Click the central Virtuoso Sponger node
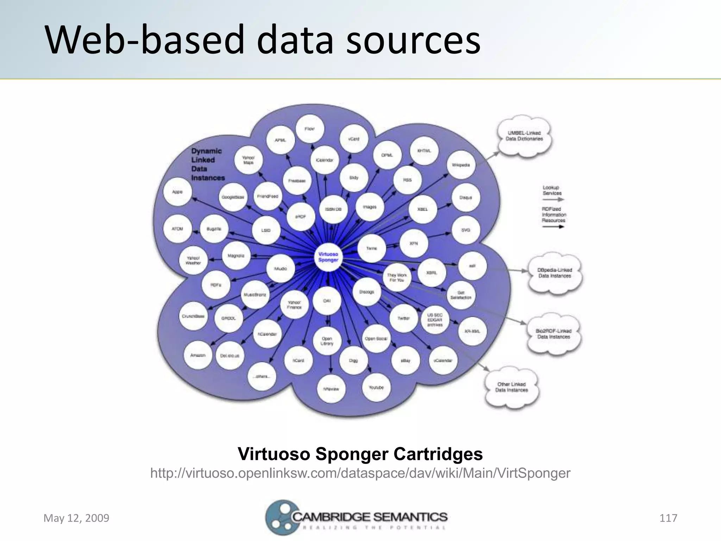pos(328,257)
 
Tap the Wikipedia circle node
pos(461,165)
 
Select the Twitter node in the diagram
pos(403,318)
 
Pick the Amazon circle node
pos(198,355)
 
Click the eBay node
pos(406,361)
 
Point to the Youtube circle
pos(376,387)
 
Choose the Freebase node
pos(297,181)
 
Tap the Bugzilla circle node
pos(214,229)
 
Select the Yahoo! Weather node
pos(193,260)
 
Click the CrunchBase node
pos(193,316)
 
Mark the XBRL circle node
pos(432,273)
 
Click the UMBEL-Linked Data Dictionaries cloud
pos(524,136)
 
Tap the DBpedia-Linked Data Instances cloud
pos(554,273)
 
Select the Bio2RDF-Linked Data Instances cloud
pos(553,334)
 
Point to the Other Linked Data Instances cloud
pos(512,387)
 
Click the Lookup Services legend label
pos(552,191)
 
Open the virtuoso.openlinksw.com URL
pos(360,473)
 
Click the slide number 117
pos(668,518)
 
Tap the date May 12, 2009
pos(76,518)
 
